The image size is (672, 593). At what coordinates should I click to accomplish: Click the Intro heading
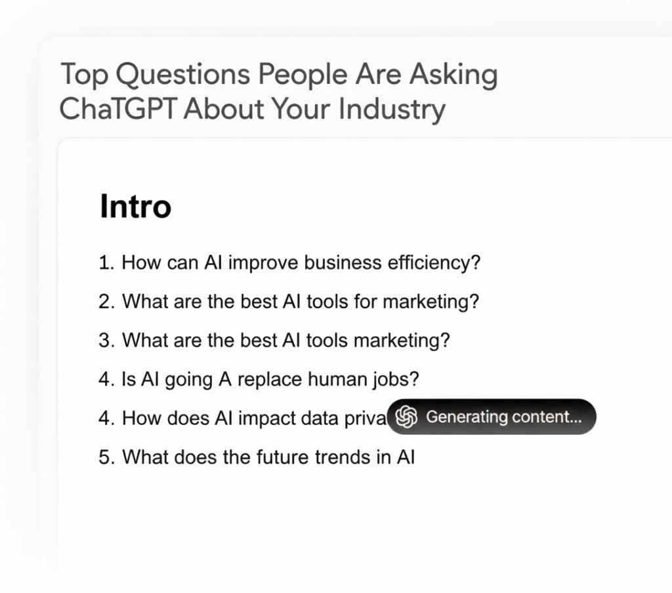(x=135, y=207)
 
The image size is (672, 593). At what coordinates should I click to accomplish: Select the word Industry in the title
(x=392, y=109)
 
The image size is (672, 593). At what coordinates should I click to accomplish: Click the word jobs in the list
(x=396, y=379)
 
